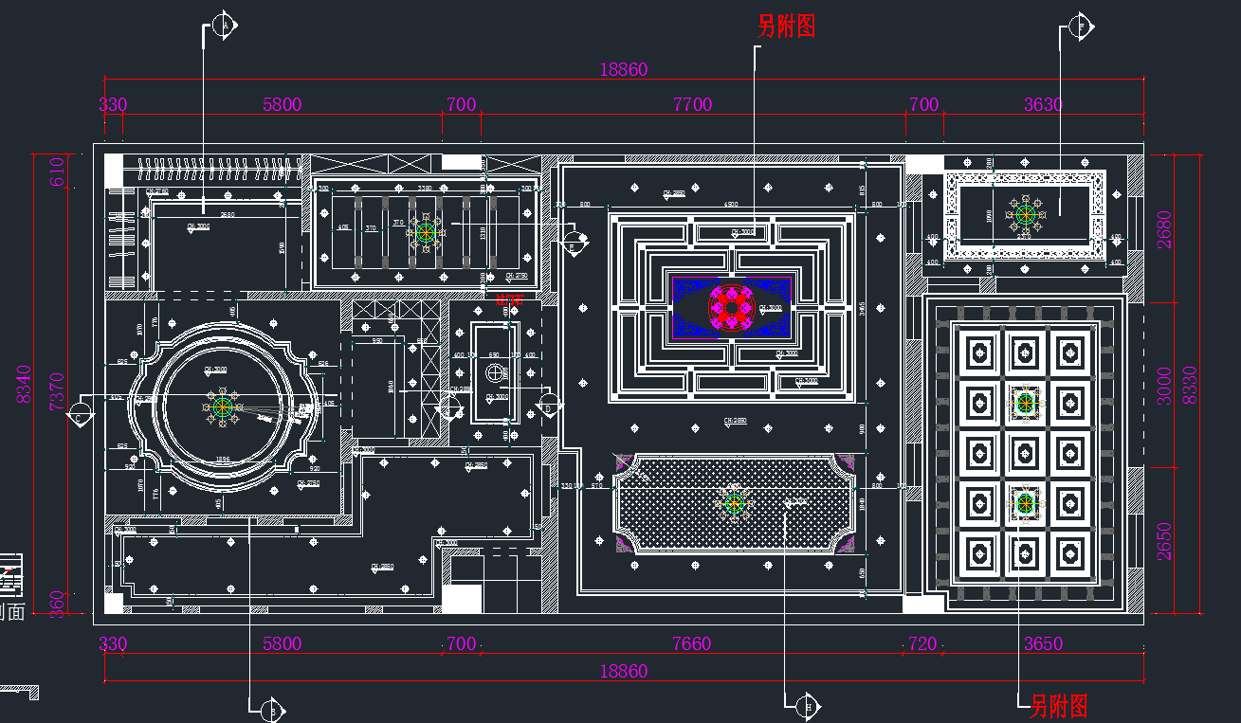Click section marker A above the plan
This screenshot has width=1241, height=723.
pos(225,26)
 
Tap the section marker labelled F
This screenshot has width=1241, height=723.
pos(1080,26)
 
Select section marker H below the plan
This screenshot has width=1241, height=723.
pos(808,705)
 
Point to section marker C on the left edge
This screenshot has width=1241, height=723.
pos(82,413)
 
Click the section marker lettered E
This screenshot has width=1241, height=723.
pos(572,242)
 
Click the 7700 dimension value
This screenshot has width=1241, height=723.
pos(692,104)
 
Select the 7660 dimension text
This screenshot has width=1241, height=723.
pos(691,643)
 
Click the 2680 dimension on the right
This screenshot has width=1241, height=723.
pos(1164,228)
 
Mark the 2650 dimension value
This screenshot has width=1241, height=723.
pos(1164,540)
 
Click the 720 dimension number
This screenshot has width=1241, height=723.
pos(922,643)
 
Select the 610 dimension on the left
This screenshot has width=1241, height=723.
pos(57,172)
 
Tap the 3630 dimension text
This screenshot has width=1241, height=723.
pos(1043,104)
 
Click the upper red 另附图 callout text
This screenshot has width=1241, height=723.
pos(787,27)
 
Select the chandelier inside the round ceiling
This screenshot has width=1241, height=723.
pos(223,408)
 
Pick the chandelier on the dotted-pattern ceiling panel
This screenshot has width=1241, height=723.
pos(734,502)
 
